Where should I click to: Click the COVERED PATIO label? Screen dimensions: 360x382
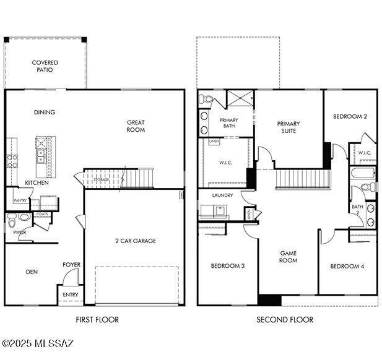click(45, 66)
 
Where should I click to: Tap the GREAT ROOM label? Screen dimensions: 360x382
click(136, 126)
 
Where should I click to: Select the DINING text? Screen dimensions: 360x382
click(45, 113)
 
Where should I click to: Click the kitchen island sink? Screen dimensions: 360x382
click(41, 155)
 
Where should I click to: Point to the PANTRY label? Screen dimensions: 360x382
click(20, 200)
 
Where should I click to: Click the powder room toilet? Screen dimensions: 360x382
click(23, 218)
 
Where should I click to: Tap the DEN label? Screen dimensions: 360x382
click(32, 272)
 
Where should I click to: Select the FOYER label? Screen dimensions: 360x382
click(71, 265)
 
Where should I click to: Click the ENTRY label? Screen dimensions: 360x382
click(71, 295)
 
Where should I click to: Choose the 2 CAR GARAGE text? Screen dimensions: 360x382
click(135, 241)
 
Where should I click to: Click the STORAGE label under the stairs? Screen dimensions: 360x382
click(102, 179)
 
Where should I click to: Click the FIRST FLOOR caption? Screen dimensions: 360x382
click(97, 320)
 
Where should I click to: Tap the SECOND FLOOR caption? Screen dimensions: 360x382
click(285, 320)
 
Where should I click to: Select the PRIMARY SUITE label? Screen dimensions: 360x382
click(289, 127)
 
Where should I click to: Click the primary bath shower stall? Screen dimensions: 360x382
click(239, 99)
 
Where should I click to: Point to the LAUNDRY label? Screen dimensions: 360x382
click(222, 195)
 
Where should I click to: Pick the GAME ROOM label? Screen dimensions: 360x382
click(289, 257)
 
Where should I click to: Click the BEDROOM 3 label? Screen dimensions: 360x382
click(227, 266)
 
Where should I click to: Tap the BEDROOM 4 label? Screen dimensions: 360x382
click(347, 266)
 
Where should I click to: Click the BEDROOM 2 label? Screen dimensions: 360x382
click(350, 116)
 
